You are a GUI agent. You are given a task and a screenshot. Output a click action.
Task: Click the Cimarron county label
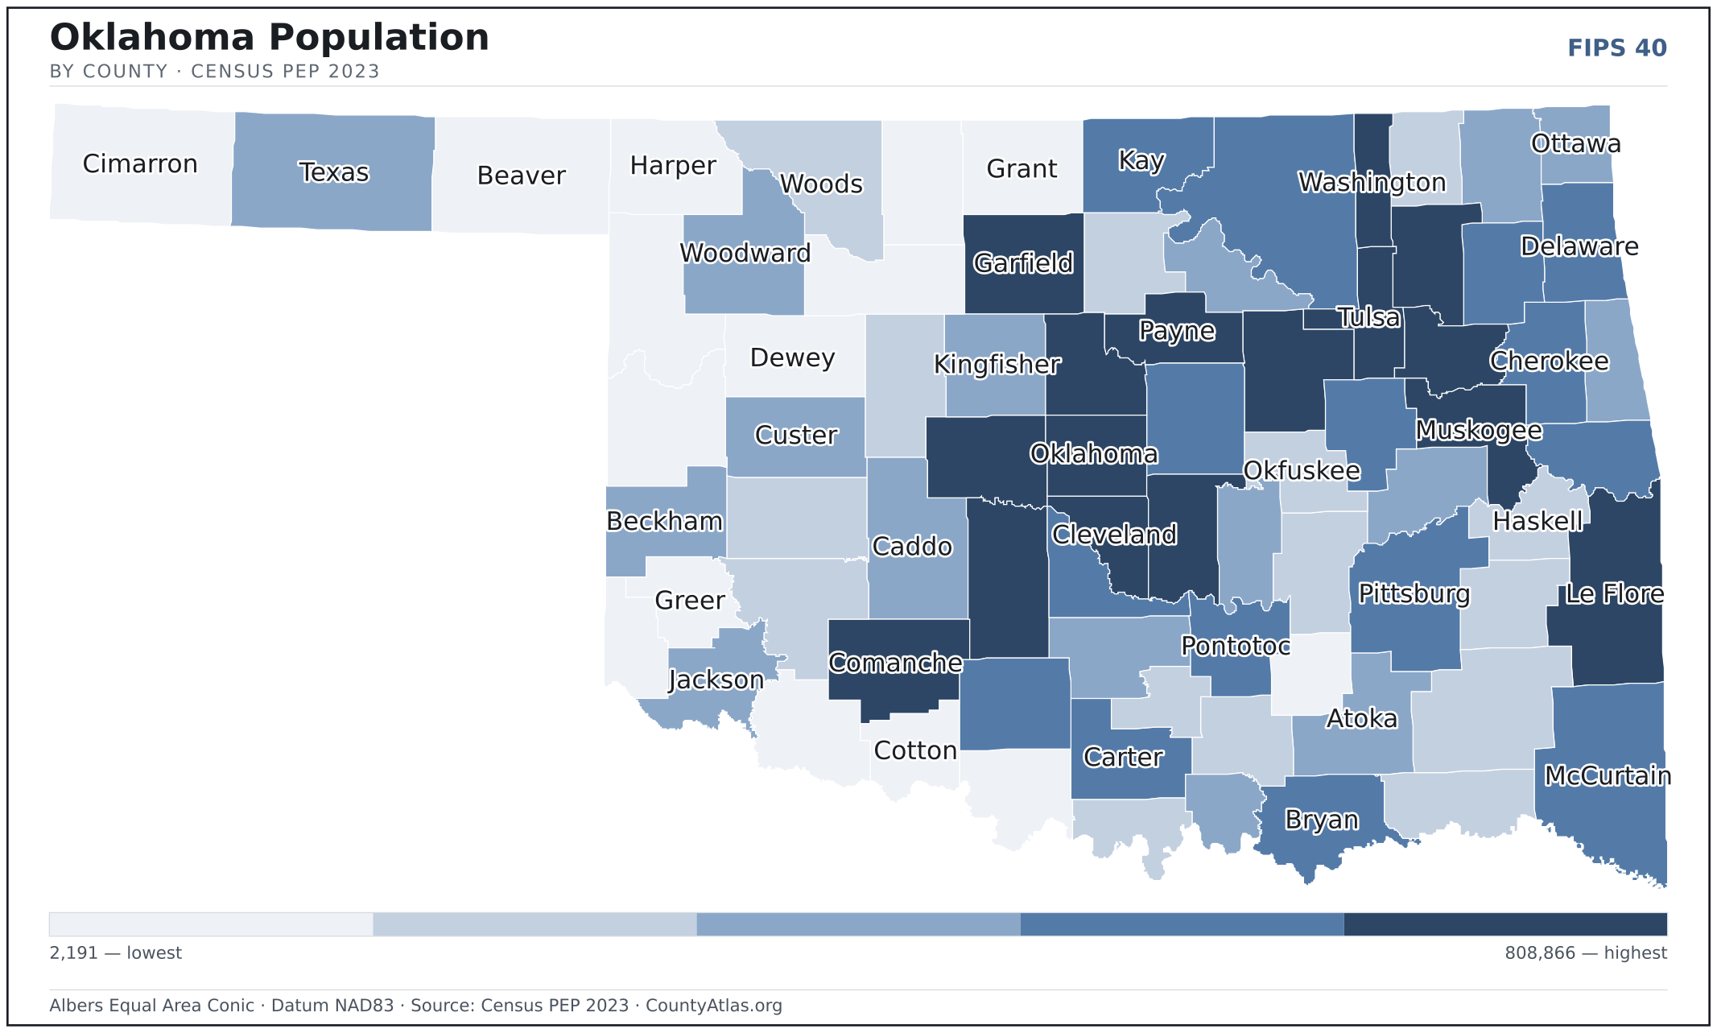coord(140,164)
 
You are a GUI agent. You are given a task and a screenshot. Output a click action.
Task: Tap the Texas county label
coord(334,172)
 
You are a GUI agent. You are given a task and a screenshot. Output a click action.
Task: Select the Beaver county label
coord(522,176)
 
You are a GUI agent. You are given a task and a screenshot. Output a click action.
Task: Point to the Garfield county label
coord(1023,263)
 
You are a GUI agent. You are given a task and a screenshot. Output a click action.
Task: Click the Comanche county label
coord(896,663)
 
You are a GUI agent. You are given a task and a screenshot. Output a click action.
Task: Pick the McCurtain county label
coord(1608,775)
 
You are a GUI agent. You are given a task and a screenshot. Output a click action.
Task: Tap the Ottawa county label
coord(1576,144)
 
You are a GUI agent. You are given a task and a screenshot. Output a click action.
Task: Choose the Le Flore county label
coord(1615,594)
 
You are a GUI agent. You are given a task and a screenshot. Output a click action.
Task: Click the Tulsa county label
coord(1368,318)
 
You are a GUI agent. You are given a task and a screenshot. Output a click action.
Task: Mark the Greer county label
coord(690,601)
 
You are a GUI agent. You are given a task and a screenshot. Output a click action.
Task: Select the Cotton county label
coord(915,751)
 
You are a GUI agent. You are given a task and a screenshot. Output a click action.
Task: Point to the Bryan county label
coord(1322,820)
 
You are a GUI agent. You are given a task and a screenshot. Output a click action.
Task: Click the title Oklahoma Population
coord(270,38)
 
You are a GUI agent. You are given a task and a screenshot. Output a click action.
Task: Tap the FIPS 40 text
coord(1617,48)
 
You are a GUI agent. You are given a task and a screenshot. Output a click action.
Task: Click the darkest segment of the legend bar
coord(1505,924)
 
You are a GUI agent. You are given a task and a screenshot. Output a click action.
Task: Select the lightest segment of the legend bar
coord(211,924)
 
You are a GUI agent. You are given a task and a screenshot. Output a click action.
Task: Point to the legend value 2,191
coord(74,953)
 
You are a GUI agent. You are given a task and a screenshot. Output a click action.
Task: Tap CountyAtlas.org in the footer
coord(714,1006)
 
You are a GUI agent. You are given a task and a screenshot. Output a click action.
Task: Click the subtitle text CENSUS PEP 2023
coord(285,72)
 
